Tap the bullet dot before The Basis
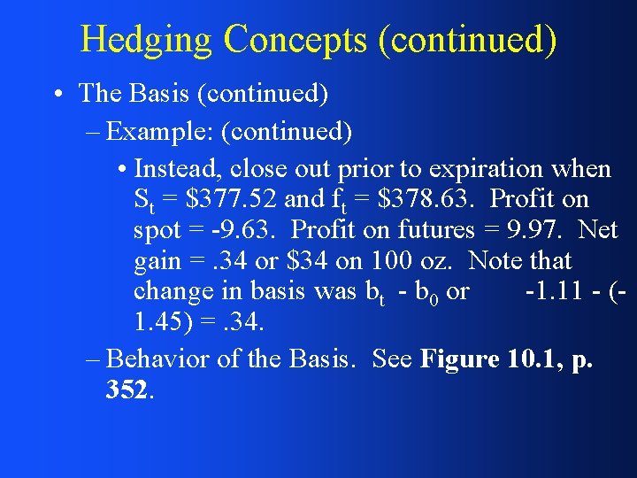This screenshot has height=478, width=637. pyautogui.click(x=57, y=94)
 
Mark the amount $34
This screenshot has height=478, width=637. pyautogui.click(x=307, y=261)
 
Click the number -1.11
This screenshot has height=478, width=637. pyautogui.click(x=549, y=291)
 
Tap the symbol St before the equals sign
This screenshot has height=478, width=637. pyautogui.click(x=143, y=200)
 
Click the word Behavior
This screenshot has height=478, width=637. pyautogui.click(x=160, y=359)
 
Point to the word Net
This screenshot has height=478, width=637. pyautogui.click(x=597, y=230)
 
